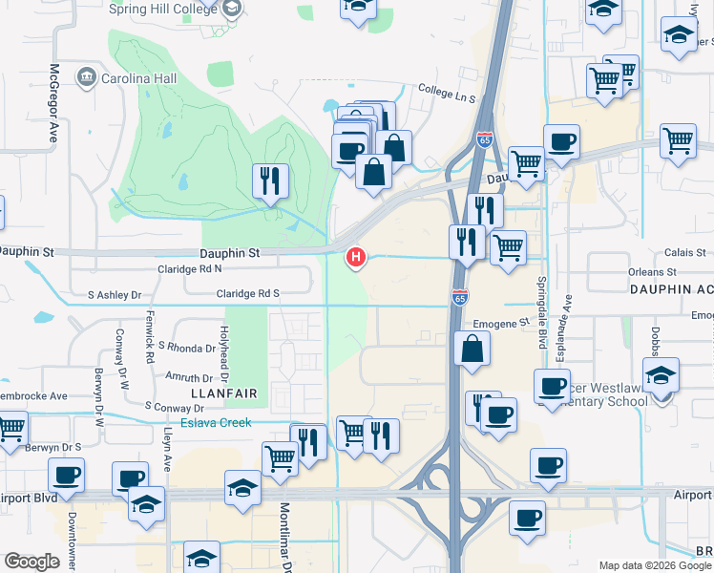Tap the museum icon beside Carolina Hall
pyautogui.click(x=88, y=75)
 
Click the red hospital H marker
pyautogui.click(x=357, y=256)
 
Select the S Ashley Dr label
pyautogui.click(x=114, y=295)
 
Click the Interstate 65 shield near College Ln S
pyautogui.click(x=484, y=139)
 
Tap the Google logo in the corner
pyautogui.click(x=31, y=562)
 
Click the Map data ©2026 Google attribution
pyautogui.click(x=654, y=565)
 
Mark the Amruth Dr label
pyautogui.click(x=188, y=378)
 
